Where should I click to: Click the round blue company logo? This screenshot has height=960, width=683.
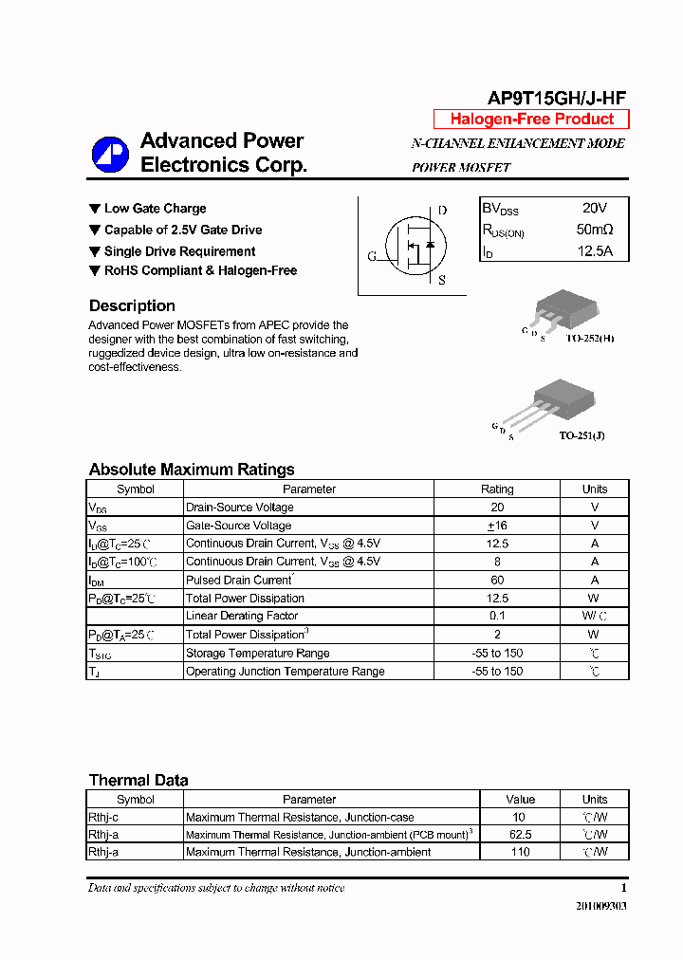[109, 154]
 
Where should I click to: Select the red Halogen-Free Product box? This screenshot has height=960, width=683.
[531, 120]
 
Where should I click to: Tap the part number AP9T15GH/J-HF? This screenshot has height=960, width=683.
[556, 98]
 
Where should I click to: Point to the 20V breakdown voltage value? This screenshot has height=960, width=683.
[595, 208]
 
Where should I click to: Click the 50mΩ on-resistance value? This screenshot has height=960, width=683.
[595, 230]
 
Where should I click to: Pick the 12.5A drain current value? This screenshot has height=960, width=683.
[595, 251]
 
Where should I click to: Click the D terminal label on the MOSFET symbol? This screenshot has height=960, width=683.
[442, 211]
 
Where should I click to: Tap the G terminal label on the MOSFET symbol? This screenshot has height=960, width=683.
[372, 256]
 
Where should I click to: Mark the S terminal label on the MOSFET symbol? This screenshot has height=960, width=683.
[442, 280]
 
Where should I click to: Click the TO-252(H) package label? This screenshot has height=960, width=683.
[590, 339]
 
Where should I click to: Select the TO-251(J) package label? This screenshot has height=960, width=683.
[581, 435]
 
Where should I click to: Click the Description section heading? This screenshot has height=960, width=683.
[132, 306]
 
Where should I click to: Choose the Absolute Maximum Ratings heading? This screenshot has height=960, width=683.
[192, 470]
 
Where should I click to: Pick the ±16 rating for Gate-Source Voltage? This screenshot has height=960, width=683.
[497, 526]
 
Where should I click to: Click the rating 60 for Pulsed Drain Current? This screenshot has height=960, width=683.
[497, 580]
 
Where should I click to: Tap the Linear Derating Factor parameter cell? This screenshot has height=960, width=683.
[242, 617]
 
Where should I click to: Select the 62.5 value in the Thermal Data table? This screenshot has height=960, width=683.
[520, 835]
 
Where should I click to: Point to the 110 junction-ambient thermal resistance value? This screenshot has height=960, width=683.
[520, 852]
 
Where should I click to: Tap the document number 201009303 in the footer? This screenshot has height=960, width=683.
[601, 906]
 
